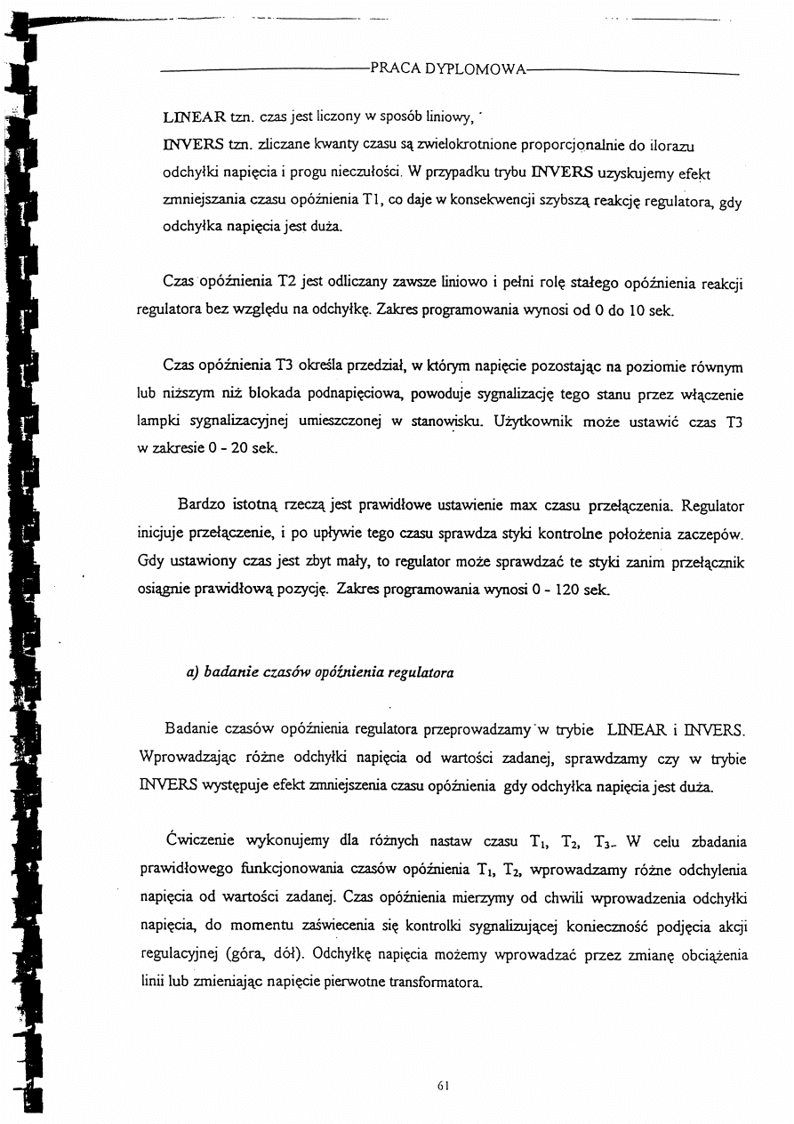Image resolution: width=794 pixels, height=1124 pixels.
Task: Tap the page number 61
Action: [x=445, y=1086]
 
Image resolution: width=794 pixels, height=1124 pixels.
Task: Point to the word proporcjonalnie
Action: [x=556, y=145]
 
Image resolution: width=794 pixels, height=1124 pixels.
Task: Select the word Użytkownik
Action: [x=530, y=422]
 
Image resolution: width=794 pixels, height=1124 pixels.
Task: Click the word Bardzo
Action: [x=202, y=507]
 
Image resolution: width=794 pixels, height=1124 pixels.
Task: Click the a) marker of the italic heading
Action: [x=191, y=673]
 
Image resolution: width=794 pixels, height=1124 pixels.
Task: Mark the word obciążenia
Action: [x=710, y=956]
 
